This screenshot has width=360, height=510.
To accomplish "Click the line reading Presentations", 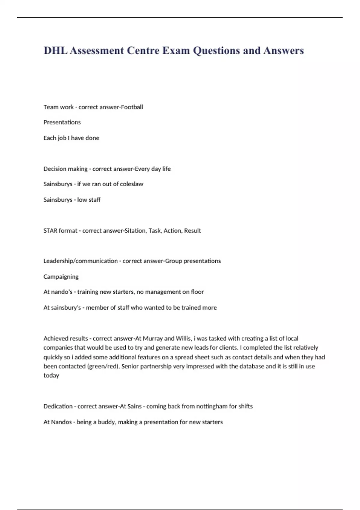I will pyautogui.click(x=62, y=122).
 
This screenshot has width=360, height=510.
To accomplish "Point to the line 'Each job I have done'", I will pyautogui.click(x=71, y=138).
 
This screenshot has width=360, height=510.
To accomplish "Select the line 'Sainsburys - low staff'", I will pyautogui.click(x=72, y=200).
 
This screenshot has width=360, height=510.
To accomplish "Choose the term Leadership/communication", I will pyautogui.click(x=80, y=261).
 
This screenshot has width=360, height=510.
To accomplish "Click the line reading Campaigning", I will pyautogui.click(x=61, y=277).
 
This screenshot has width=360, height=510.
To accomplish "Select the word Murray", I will pyautogui.click(x=153, y=338).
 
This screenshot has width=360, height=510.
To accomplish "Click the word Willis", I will pyautogui.click(x=183, y=338).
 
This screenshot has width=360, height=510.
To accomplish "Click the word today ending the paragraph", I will pyautogui.click(x=51, y=376).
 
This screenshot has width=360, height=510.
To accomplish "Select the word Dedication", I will pyautogui.click(x=58, y=406).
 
